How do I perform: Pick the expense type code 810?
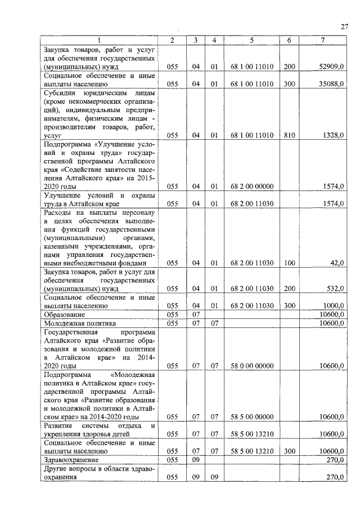point(289,135)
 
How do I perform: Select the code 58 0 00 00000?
point(251,366)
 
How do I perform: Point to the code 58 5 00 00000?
point(251,417)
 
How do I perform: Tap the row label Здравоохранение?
point(70,460)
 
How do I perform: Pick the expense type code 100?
point(289,263)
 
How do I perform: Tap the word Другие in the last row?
point(56,469)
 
